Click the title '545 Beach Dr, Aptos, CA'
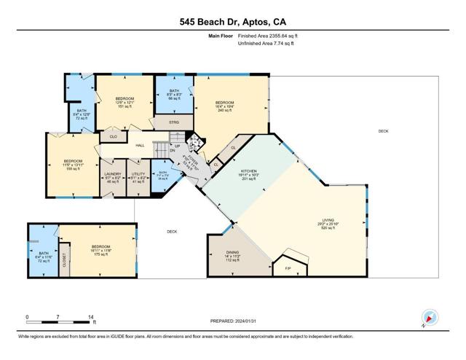[232, 22]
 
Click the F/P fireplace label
[287, 269]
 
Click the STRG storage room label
[175, 122]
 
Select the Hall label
[140, 145]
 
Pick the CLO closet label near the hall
[113, 136]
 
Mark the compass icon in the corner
[430, 317]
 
